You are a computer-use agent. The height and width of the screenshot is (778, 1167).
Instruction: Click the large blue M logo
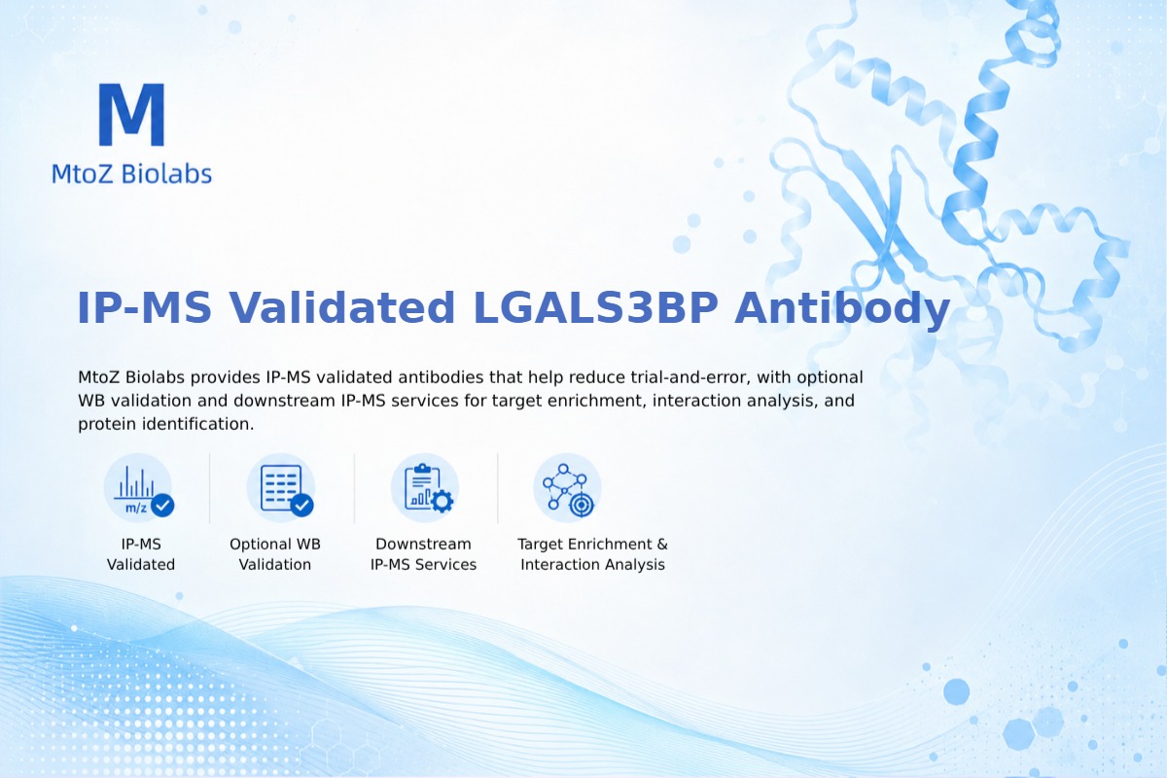132,114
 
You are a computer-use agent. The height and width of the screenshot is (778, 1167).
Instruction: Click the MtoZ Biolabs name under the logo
132,173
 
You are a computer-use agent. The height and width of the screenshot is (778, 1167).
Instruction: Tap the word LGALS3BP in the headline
595,308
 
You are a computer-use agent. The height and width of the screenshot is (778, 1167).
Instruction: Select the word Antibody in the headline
842,309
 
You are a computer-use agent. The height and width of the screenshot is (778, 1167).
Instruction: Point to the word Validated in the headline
342,307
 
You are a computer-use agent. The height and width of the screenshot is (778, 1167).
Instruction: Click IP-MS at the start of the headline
144,308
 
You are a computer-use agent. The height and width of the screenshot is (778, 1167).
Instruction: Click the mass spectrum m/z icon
138,488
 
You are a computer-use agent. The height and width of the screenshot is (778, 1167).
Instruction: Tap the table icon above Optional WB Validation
281,488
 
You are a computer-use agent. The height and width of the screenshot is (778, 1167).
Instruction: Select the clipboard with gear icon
425,488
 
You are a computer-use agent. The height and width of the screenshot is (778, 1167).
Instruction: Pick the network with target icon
567,488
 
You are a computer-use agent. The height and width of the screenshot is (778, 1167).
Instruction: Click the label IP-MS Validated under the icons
141,554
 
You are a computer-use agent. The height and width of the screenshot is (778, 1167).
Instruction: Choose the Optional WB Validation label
275,554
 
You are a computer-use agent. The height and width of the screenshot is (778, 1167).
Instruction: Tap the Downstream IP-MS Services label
424,554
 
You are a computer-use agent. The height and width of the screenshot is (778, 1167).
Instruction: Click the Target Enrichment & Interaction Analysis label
593,554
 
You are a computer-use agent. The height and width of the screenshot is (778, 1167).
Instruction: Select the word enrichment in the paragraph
592,401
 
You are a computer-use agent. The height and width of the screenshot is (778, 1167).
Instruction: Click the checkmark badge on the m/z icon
162,505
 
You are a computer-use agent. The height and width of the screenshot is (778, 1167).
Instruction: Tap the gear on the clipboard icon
442,501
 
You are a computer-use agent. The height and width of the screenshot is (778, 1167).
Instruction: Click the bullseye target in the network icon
581,505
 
